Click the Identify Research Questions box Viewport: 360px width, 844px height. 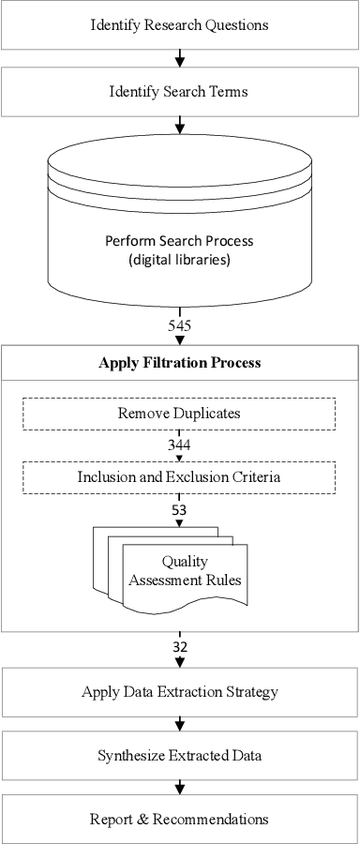pos(179,25)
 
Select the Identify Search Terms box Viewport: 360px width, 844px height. pos(179,92)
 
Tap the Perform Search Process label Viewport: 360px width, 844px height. pos(179,241)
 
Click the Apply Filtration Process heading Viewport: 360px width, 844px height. pos(179,363)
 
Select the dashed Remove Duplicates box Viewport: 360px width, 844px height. pos(179,414)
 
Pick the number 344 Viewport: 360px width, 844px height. pos(179,445)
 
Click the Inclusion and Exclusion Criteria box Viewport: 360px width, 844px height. pos(179,477)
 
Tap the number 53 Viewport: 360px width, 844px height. pos(179,509)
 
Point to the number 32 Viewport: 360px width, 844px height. pos(179,647)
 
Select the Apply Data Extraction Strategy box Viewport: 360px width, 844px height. pos(179,693)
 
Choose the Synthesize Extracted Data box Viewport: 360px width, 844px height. pos(179,756)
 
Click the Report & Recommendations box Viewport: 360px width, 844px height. pos(179,819)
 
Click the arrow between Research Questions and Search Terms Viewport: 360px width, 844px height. pos(179,59)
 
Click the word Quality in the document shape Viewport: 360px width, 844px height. pos(184,562)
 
